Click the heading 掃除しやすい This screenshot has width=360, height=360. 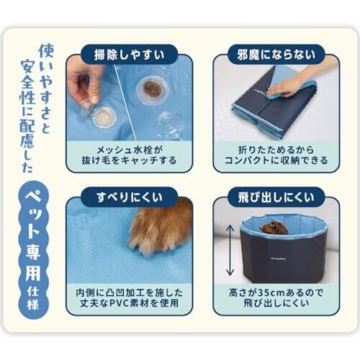(x=129, y=55)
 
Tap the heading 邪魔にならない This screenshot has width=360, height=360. (x=276, y=55)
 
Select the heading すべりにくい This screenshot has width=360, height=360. (x=130, y=197)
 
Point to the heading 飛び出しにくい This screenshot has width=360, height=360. (x=276, y=197)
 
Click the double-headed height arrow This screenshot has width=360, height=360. (x=230, y=251)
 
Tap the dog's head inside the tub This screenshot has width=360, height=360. (x=274, y=228)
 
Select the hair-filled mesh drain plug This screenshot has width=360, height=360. (x=151, y=91)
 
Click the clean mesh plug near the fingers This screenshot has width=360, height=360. (x=104, y=117)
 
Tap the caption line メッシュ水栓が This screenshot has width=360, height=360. (x=130, y=150)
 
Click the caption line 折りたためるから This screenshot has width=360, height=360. (x=276, y=150)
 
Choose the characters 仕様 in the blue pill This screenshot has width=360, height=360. (x=33, y=299)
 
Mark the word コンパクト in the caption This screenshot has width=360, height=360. (x=246, y=161)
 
